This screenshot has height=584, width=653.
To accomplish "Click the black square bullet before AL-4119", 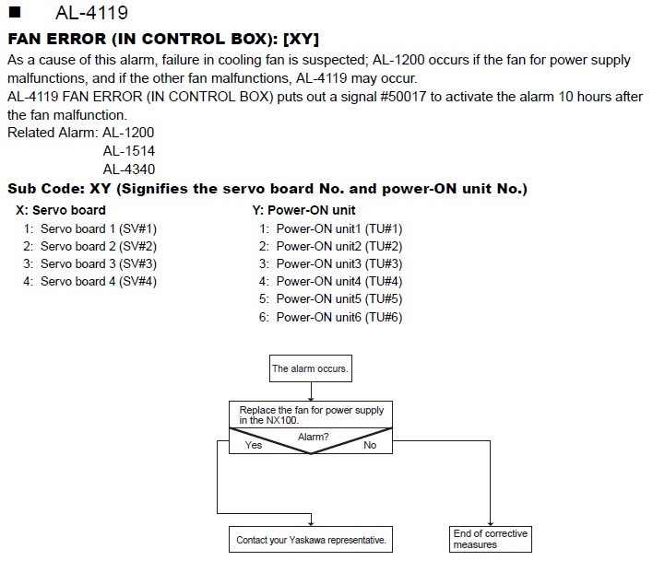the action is tap(15, 12).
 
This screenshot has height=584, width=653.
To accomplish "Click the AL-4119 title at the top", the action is tap(91, 13).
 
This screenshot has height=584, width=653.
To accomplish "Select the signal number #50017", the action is tap(403, 97).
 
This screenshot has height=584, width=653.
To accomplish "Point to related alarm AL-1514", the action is tap(129, 151).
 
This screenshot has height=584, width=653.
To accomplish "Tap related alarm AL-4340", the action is tap(129, 169).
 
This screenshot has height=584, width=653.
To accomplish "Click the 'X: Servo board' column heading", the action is tap(61, 210).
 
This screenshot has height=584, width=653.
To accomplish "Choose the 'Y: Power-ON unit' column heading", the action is tap(303, 210).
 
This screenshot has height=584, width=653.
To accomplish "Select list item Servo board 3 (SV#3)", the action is tap(99, 263).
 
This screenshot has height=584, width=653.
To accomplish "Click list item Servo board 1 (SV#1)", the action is tap(99, 228).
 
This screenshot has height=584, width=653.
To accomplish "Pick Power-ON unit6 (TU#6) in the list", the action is tap(339, 318).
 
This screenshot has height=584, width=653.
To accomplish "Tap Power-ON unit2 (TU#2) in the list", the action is tap(339, 246).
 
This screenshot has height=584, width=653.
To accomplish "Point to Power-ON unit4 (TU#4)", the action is tap(339, 282).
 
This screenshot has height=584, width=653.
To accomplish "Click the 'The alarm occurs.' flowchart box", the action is tap(311, 368).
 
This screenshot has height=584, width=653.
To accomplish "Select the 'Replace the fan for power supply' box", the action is tap(311, 415).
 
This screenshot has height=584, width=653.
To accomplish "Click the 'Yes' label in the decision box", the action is tap(254, 445).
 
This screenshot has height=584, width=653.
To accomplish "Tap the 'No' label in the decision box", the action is tap(370, 445).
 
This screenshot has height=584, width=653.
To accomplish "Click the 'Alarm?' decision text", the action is tap(314, 437).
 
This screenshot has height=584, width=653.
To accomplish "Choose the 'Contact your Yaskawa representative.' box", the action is tap(311, 540).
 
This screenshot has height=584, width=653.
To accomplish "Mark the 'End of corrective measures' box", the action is tap(490, 539).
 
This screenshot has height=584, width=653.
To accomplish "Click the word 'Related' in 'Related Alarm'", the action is tap(30, 133).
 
